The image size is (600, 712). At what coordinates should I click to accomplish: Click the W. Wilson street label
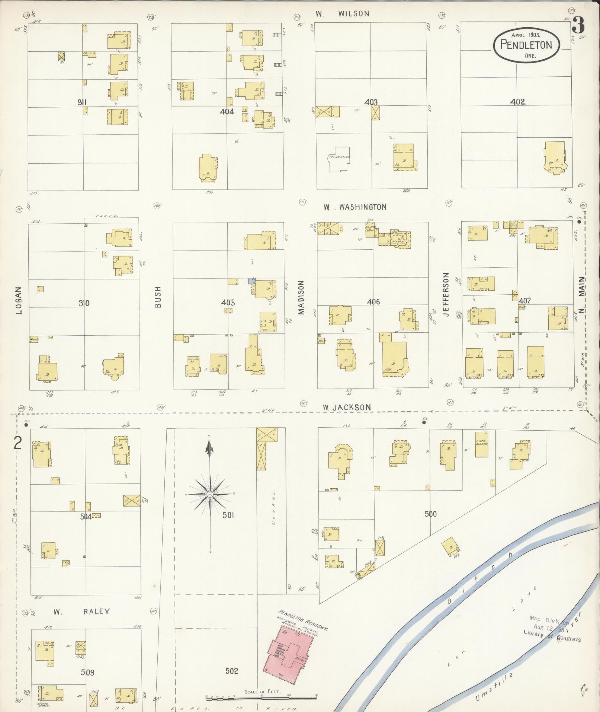[x=343, y=14]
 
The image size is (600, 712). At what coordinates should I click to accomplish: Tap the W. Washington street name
[x=355, y=207]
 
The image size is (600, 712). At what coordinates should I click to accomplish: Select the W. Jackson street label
[x=346, y=408]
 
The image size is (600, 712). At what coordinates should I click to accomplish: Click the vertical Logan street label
[x=19, y=300]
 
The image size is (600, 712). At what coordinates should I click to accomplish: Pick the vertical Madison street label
[x=301, y=297]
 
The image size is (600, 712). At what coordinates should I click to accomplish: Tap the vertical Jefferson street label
[x=446, y=294]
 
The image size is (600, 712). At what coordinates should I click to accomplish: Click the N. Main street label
[x=582, y=296]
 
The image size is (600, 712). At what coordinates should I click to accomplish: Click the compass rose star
[x=210, y=494]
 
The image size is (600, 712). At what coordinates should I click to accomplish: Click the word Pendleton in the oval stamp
[x=526, y=45]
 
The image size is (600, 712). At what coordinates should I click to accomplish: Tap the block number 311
[x=82, y=102]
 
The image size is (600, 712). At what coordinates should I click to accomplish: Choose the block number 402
[x=517, y=102]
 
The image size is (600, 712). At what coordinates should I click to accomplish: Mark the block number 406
[x=373, y=302]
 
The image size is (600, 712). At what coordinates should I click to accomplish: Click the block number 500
[x=430, y=514]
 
